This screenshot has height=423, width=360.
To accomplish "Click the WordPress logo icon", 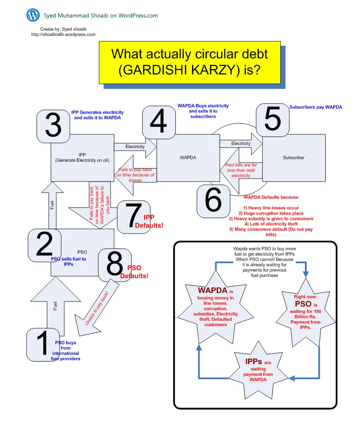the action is tap(33, 15).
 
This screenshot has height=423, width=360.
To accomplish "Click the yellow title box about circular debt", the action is tap(190, 63).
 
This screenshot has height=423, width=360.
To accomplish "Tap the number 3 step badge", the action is tap(53, 126).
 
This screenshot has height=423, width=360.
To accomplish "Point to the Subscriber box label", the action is tap(294, 158).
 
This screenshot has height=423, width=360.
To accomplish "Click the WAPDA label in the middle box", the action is tap(188, 158).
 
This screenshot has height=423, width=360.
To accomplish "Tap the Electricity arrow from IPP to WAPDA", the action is tap(135, 147).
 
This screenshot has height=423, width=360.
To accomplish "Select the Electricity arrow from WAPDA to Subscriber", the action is tap(241, 144).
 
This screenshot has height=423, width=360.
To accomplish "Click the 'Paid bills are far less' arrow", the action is tap(241, 170).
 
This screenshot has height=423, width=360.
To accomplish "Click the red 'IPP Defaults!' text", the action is tap(149, 221).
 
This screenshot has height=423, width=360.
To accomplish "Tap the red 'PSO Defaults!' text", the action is tap(134, 272).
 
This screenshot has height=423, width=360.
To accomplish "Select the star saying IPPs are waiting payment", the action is tap(259, 370).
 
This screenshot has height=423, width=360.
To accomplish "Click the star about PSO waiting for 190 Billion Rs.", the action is tap(305, 312).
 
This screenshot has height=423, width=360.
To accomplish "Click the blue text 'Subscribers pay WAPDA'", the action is tap(316, 107).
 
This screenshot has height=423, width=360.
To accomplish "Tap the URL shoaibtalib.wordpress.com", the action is tap(63, 35).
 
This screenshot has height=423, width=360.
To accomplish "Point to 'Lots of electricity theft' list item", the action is tap(271, 224).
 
